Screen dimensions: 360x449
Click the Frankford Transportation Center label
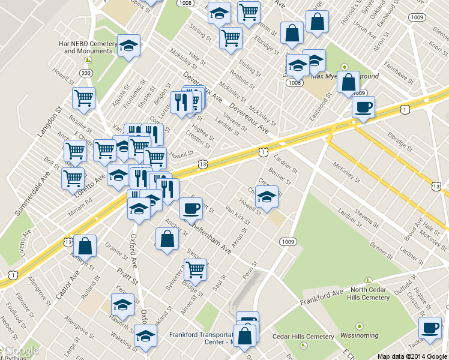(200, 339)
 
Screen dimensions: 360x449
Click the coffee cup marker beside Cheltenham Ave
(191, 209)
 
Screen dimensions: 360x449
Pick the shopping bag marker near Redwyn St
(85, 245)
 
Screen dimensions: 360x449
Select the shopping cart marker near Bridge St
(195, 270)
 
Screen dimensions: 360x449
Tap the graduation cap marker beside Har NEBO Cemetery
(128, 46)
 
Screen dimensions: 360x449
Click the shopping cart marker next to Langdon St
(83, 98)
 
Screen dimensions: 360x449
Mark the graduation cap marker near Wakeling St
(145, 337)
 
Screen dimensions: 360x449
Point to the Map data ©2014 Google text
(412, 356)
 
